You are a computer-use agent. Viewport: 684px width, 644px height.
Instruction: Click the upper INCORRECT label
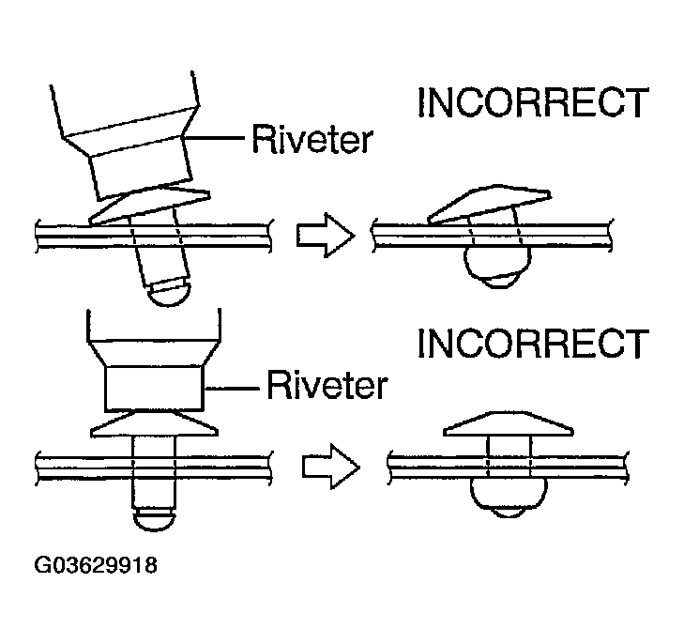532,103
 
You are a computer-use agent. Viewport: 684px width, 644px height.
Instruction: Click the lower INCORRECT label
532,344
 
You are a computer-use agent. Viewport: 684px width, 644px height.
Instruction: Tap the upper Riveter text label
311,140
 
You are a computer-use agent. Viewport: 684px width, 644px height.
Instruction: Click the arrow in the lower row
331,465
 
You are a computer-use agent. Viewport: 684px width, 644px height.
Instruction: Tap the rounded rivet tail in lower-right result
507,493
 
